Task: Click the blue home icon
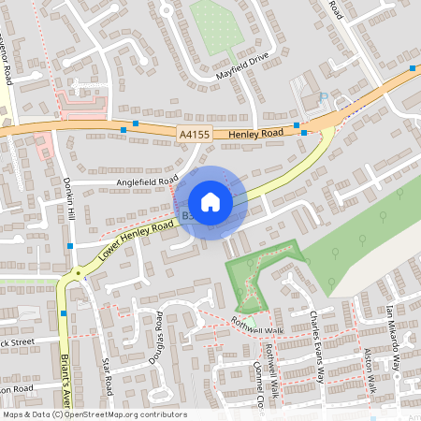pyautogui.click(x=210, y=202)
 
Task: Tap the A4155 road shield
pyautogui.click(x=193, y=135)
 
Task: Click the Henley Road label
pyautogui.click(x=254, y=135)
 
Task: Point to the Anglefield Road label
pyautogui.click(x=147, y=181)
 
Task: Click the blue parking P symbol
pyautogui.click(x=324, y=96)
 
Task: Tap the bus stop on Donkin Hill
pyautogui.click(x=70, y=246)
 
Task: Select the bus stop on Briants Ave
pyautogui.click(x=64, y=313)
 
